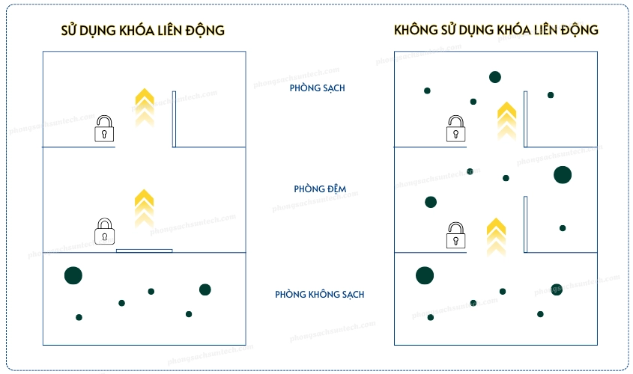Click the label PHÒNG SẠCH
(x=318, y=88)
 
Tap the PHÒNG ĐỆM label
(x=320, y=189)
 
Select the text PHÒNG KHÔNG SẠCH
(x=320, y=295)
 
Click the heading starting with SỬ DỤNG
(x=142, y=31)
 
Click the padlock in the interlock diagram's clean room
(x=105, y=129)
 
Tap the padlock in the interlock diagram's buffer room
(x=105, y=231)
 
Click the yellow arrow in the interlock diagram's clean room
(x=144, y=105)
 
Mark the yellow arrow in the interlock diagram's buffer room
(x=144, y=206)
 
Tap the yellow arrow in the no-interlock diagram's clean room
(x=507, y=120)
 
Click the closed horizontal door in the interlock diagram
(x=145, y=251)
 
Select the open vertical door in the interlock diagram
(x=174, y=119)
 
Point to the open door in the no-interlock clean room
(x=526, y=119)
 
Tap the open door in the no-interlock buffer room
(x=526, y=224)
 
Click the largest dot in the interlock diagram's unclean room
(x=73, y=275)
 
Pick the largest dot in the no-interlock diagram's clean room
(x=495, y=77)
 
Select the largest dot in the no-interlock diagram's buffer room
(x=563, y=175)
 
